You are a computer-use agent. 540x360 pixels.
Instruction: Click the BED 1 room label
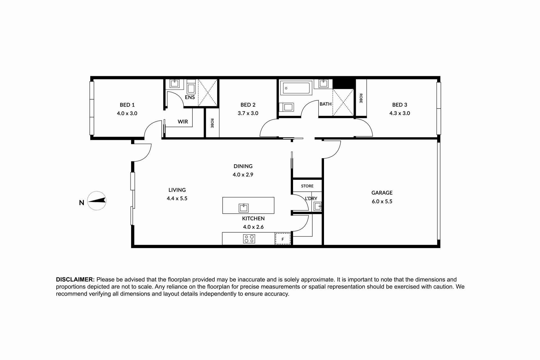127,105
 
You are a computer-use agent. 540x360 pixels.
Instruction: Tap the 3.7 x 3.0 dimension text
248,113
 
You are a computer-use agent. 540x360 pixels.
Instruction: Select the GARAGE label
382,193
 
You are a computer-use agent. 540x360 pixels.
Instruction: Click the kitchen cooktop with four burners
249,239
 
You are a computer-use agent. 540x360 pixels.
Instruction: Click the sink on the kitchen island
244,208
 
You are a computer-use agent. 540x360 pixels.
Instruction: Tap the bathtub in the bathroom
296,88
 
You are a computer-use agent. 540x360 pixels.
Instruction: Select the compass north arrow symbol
97,201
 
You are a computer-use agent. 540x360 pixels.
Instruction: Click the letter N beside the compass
82,202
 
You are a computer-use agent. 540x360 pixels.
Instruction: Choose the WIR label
183,122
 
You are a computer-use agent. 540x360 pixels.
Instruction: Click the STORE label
307,186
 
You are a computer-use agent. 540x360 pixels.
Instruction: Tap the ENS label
190,97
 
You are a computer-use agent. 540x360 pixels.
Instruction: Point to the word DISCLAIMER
75,280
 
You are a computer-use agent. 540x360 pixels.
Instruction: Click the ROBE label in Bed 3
361,98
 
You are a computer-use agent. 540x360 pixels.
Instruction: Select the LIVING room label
177,190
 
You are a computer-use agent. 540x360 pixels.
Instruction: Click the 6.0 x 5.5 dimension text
382,201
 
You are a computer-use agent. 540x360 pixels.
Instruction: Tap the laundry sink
318,207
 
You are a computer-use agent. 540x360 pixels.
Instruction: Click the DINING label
243,166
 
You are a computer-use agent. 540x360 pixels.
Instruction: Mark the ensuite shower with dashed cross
208,93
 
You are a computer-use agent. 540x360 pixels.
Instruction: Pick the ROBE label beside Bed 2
212,123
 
